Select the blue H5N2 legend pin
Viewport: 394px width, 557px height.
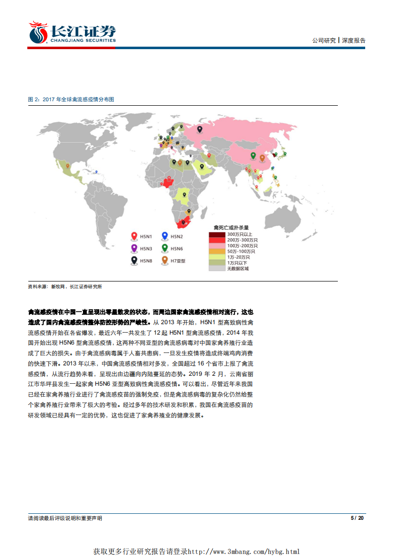[x=165, y=236]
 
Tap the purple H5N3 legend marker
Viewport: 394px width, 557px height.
[x=134, y=248]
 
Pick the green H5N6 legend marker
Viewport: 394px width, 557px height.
[x=165, y=248]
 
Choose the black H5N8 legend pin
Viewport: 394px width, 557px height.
[x=134, y=260]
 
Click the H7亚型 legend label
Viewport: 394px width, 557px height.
[x=178, y=260]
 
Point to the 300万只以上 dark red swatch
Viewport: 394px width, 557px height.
[x=216, y=234]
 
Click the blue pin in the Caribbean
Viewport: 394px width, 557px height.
[x=96, y=172]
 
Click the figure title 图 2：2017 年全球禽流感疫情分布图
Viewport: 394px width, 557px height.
[x=72, y=99]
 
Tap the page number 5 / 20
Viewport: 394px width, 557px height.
[x=358, y=518]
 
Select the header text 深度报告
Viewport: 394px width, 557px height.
[x=354, y=41]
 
